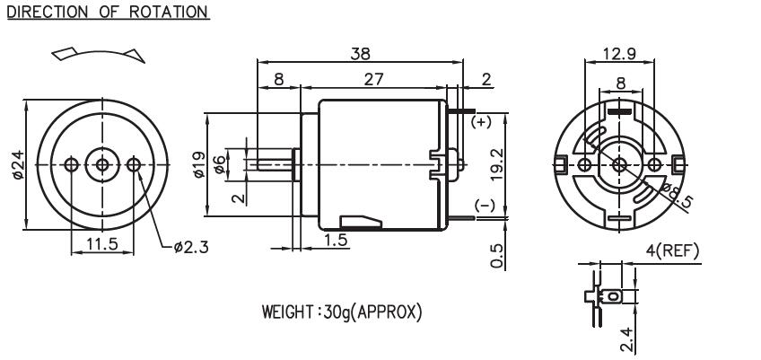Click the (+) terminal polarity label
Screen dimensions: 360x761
tap(482, 121)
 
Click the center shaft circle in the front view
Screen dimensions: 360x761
tap(102, 164)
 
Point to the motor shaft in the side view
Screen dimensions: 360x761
tap(274, 164)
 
